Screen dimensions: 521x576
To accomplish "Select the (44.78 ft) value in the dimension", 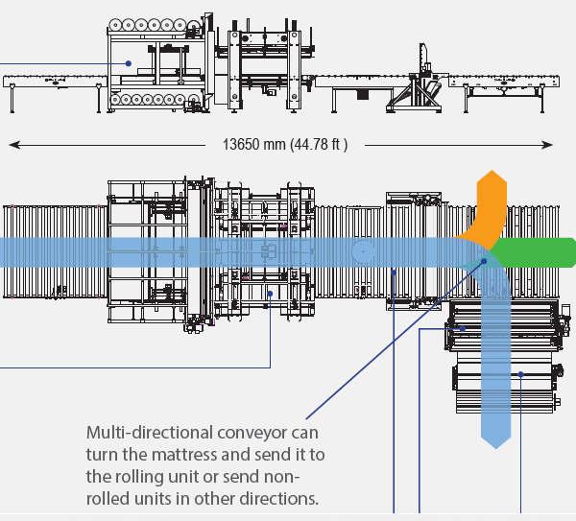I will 321,145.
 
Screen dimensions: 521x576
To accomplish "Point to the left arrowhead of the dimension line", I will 13,145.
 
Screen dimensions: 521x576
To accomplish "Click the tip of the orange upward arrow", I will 492,174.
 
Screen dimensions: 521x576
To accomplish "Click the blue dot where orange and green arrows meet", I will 484,260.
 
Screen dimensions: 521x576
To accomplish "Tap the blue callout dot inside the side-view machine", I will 128,64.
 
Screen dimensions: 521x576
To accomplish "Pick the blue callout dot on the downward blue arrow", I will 520,374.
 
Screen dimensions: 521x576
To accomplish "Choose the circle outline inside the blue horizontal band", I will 362,252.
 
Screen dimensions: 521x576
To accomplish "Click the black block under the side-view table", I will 363,94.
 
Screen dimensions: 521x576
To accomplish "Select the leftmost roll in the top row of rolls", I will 117,26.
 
